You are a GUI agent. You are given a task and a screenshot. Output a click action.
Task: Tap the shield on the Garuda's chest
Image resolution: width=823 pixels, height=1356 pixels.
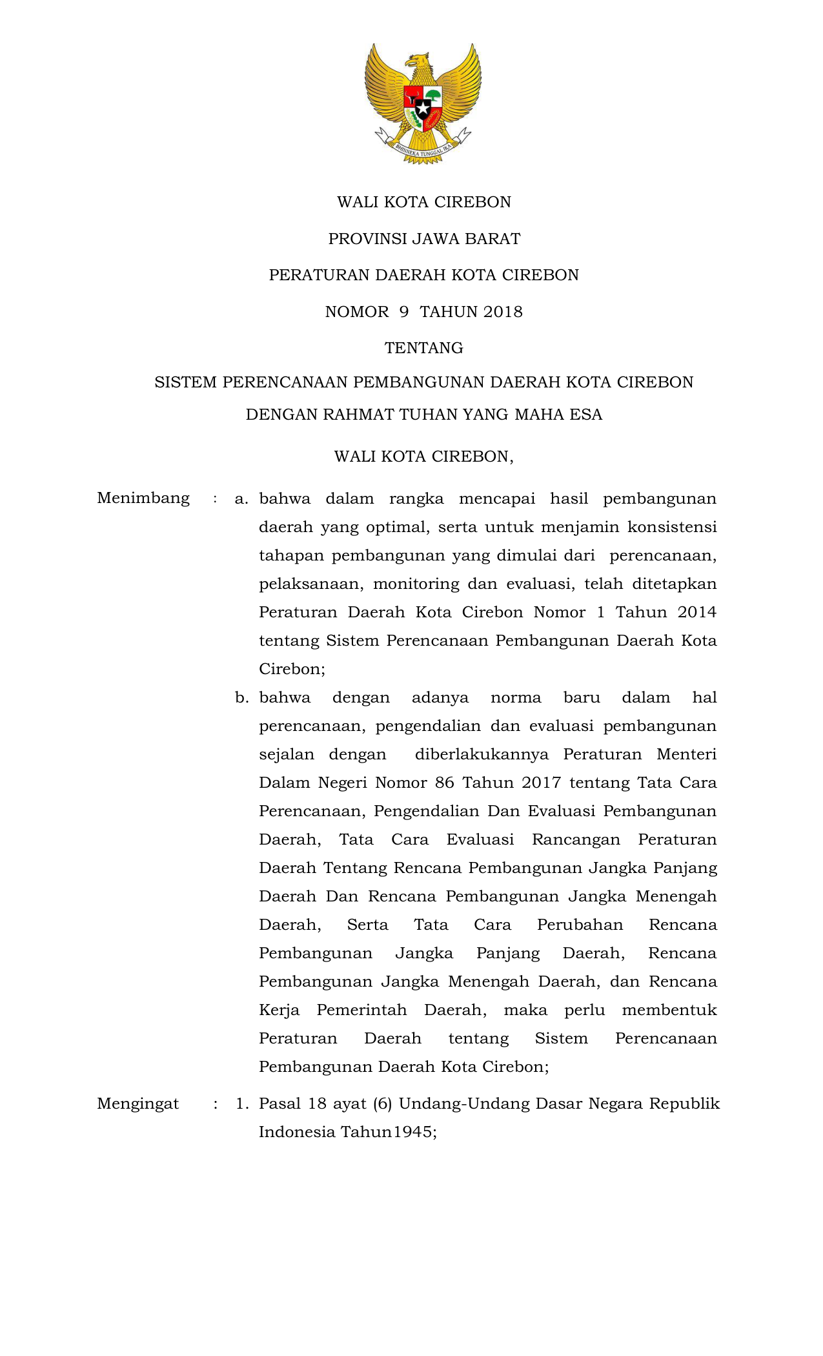tap(423, 107)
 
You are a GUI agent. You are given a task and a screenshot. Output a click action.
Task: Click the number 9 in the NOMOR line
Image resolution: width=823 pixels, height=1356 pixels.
tap(404, 312)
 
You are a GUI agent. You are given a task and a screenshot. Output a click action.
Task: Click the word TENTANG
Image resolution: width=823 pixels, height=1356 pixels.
tap(423, 348)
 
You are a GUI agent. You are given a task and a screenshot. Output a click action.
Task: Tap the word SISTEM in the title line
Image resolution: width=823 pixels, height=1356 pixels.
tap(185, 382)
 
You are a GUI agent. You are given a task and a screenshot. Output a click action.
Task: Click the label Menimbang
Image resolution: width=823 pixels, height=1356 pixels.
tap(143, 498)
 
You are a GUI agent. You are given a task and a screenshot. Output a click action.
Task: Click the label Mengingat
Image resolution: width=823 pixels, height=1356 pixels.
tap(137, 1104)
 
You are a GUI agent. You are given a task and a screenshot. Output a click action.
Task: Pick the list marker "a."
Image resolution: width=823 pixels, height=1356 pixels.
tap(241, 499)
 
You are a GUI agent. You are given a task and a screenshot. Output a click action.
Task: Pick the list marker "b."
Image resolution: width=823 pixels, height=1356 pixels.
tap(241, 698)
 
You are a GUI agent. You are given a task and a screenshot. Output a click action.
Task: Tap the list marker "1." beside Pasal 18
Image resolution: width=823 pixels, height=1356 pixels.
tap(242, 1104)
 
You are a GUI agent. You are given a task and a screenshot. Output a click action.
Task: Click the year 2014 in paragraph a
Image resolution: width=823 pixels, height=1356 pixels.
tap(696, 612)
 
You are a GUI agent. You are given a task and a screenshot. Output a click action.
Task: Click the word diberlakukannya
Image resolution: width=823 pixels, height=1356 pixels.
tap(482, 754)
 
